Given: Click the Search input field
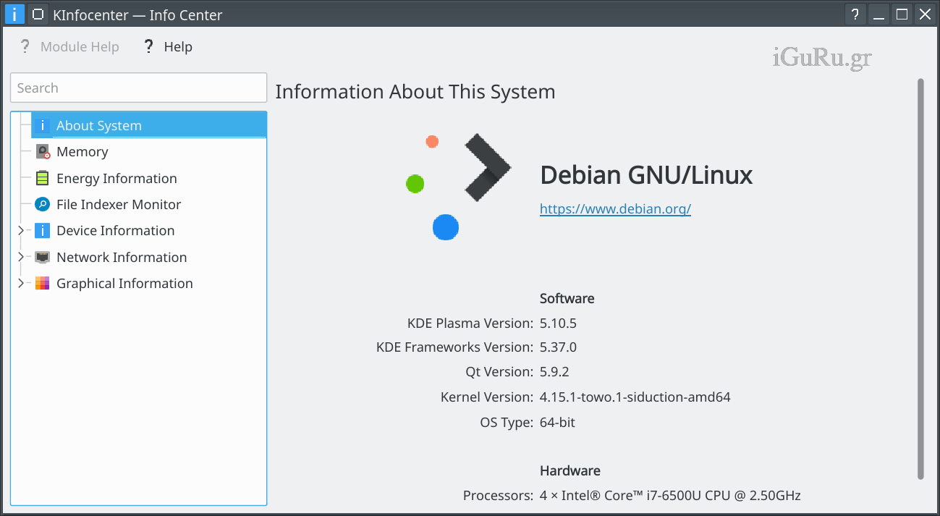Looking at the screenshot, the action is click(138, 88).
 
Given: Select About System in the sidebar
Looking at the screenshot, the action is click(98, 125).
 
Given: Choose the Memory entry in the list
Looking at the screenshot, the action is click(82, 151).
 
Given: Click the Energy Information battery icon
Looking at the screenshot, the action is click(42, 178).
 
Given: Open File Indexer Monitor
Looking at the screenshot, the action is click(119, 205).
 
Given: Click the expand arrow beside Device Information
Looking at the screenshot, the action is click(20, 230).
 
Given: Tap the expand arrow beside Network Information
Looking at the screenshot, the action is click(20, 256).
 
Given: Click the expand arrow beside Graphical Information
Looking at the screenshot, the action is click(20, 283).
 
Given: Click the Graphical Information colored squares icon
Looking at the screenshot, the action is click(42, 283).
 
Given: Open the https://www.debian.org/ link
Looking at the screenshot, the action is click(615, 208).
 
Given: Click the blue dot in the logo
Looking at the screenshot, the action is click(446, 227).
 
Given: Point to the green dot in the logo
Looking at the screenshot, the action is click(415, 184).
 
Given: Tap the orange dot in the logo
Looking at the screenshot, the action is click(432, 142).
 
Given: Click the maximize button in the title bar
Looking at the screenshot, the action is click(902, 14).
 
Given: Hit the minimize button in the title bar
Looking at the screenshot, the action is click(878, 15).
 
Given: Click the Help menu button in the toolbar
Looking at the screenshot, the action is click(168, 46).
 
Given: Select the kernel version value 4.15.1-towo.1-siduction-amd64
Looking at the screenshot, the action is click(635, 397).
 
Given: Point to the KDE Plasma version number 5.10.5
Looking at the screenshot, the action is click(558, 323).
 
